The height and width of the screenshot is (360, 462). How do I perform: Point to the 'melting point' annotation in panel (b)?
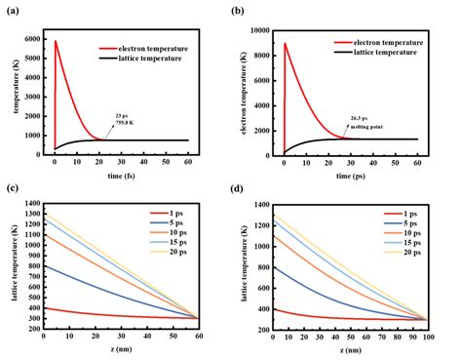tap(366, 126)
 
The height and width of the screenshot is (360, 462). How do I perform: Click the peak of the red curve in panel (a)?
tap(56, 41)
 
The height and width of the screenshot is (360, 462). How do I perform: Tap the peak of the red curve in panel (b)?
tap(286, 44)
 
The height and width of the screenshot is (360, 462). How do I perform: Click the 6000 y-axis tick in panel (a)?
tap(33, 39)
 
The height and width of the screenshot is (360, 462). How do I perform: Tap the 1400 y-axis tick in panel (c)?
tap(31, 205)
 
